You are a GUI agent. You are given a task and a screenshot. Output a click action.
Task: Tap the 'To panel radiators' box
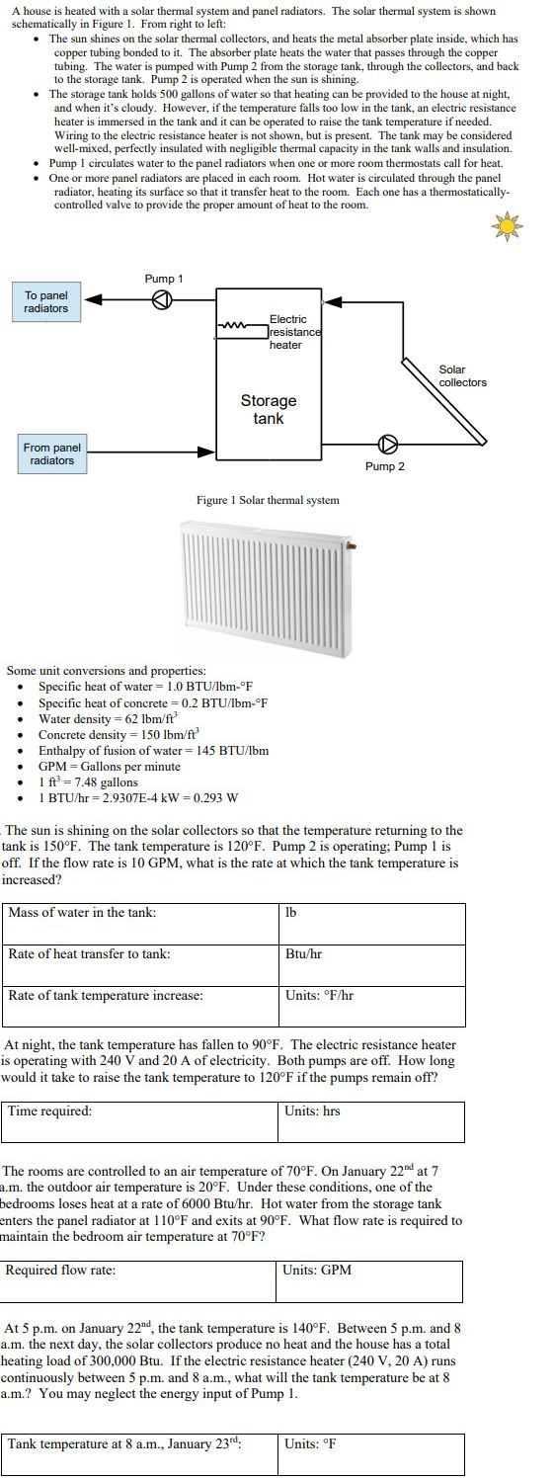coord(46,302)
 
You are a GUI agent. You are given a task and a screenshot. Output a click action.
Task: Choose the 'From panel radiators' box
coord(52,454)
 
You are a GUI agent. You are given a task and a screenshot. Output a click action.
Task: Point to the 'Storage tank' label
coord(268,409)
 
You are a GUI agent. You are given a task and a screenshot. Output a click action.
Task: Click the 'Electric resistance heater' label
coord(293,332)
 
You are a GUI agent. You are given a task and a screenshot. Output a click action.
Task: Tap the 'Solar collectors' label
coord(462,376)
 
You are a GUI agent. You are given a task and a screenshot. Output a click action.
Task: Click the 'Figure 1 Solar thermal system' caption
coord(268,500)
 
